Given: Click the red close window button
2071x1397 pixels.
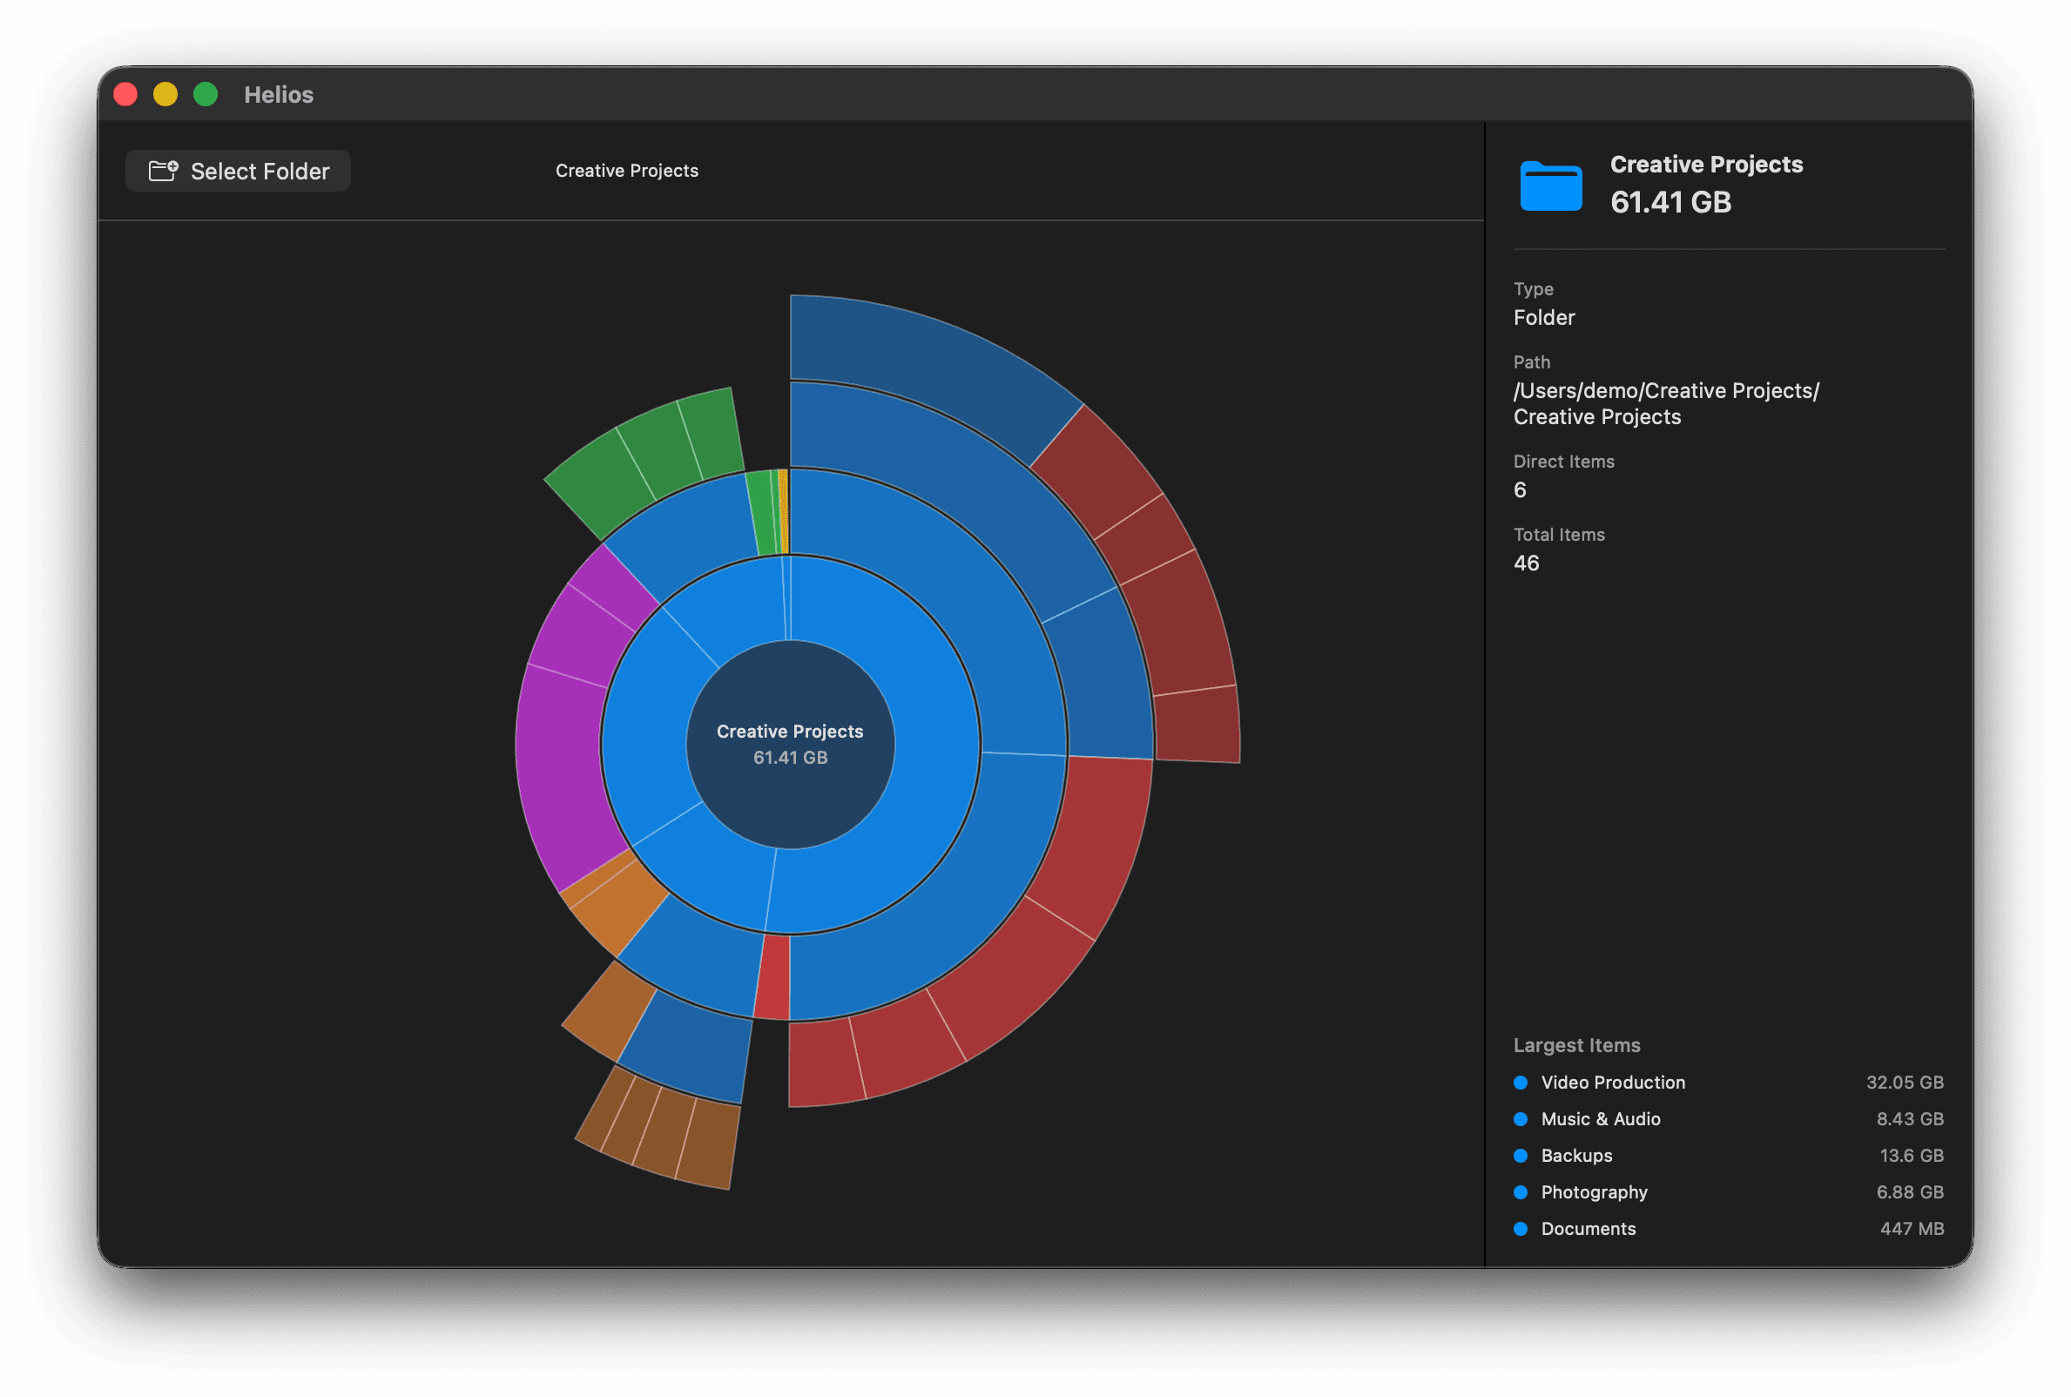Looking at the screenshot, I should [125, 94].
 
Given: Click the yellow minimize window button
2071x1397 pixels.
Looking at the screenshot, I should [165, 94].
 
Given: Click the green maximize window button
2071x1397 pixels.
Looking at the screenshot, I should [206, 94].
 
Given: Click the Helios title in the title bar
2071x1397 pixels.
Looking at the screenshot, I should [279, 94].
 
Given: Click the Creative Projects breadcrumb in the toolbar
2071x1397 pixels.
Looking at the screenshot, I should [626, 170].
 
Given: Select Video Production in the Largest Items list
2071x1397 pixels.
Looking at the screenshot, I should [1612, 1082].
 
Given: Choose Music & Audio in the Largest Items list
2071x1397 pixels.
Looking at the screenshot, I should [1600, 1118].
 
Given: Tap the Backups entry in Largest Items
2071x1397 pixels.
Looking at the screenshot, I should [1575, 1155].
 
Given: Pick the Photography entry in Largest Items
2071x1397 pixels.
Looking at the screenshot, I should [1594, 1191].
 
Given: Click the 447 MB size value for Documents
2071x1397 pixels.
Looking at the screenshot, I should [1911, 1228].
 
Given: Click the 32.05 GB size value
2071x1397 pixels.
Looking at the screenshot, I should [1905, 1082].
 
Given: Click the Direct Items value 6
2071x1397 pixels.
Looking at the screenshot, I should [1520, 489].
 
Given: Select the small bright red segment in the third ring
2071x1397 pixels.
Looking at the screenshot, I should [773, 976].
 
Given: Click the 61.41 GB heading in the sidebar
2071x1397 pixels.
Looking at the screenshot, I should [1670, 202].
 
